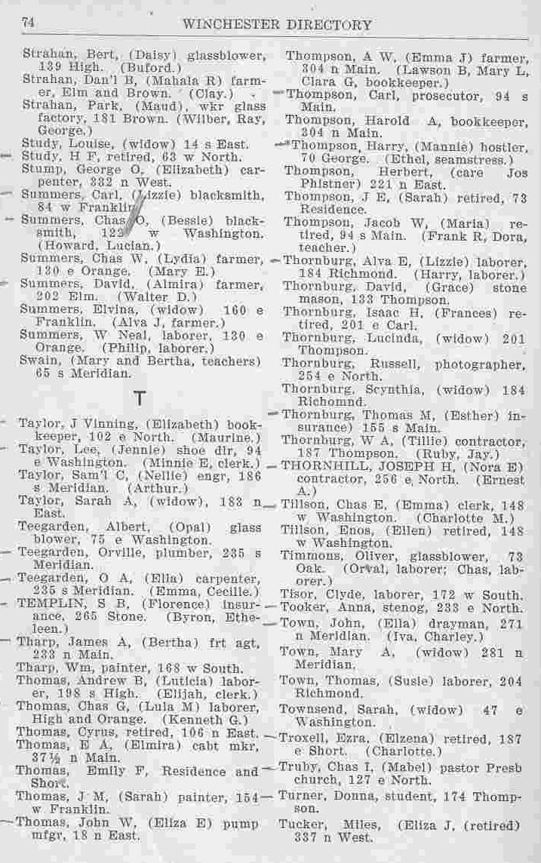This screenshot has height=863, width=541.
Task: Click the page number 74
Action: [29, 24]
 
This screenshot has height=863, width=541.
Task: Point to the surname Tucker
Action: [301, 824]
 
